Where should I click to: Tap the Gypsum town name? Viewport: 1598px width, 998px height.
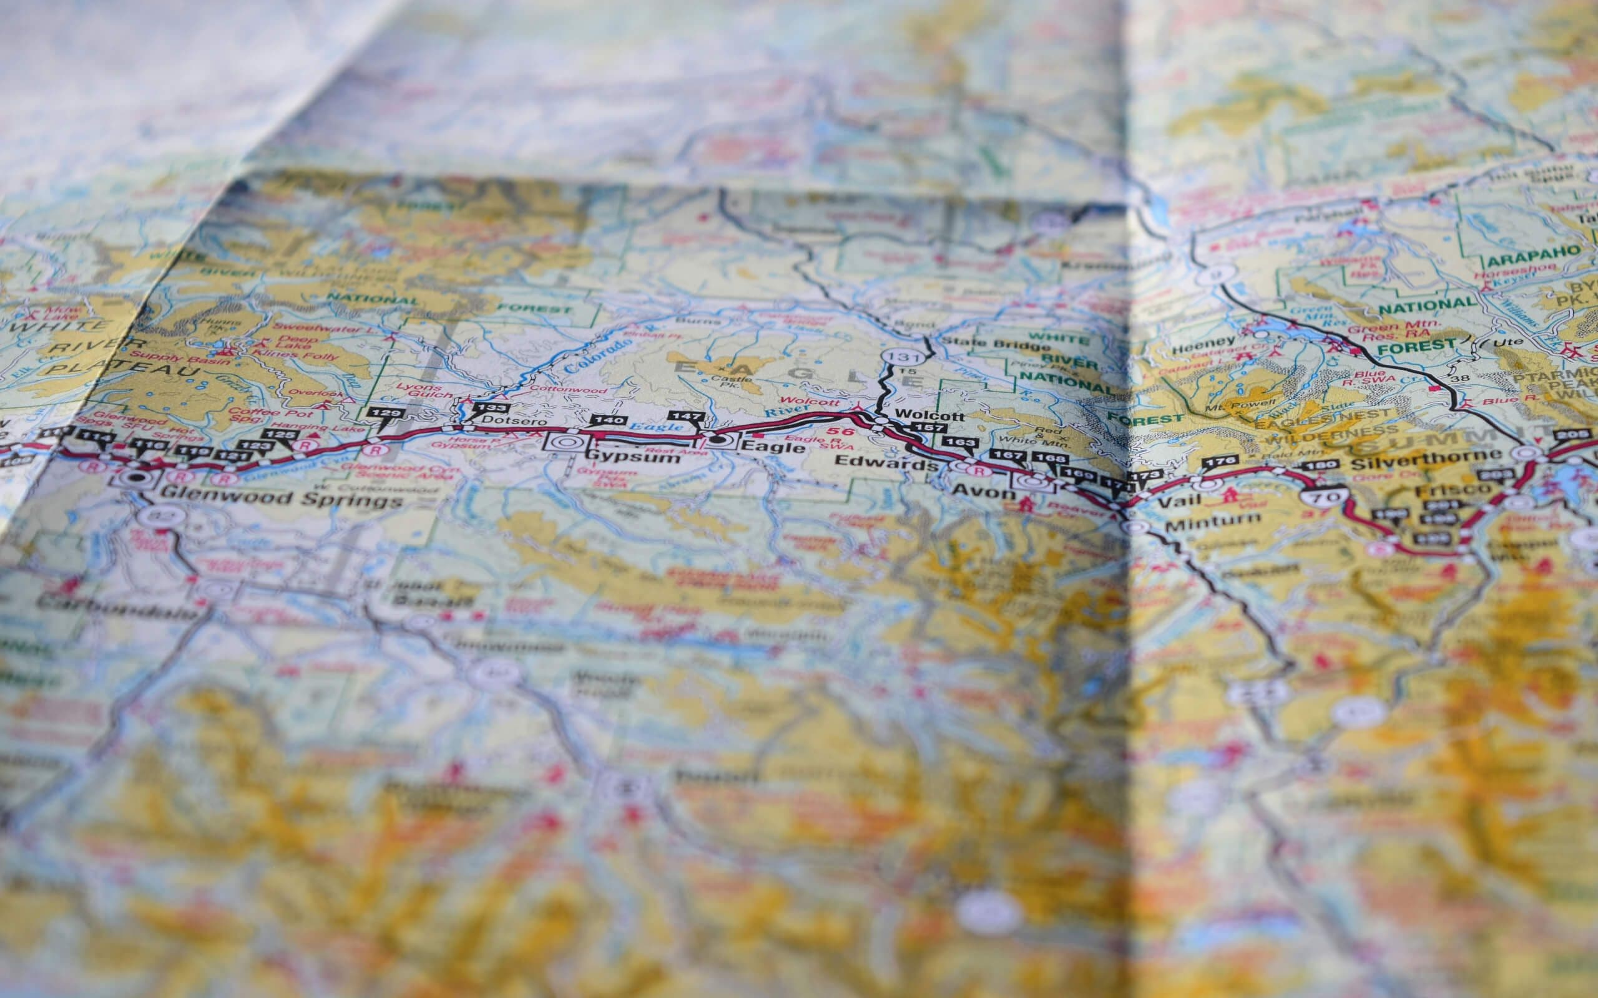[633, 457]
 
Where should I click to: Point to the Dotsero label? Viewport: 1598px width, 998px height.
[505, 421]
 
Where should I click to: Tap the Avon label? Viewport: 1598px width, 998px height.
[983, 492]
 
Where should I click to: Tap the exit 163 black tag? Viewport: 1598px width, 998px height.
[957, 443]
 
